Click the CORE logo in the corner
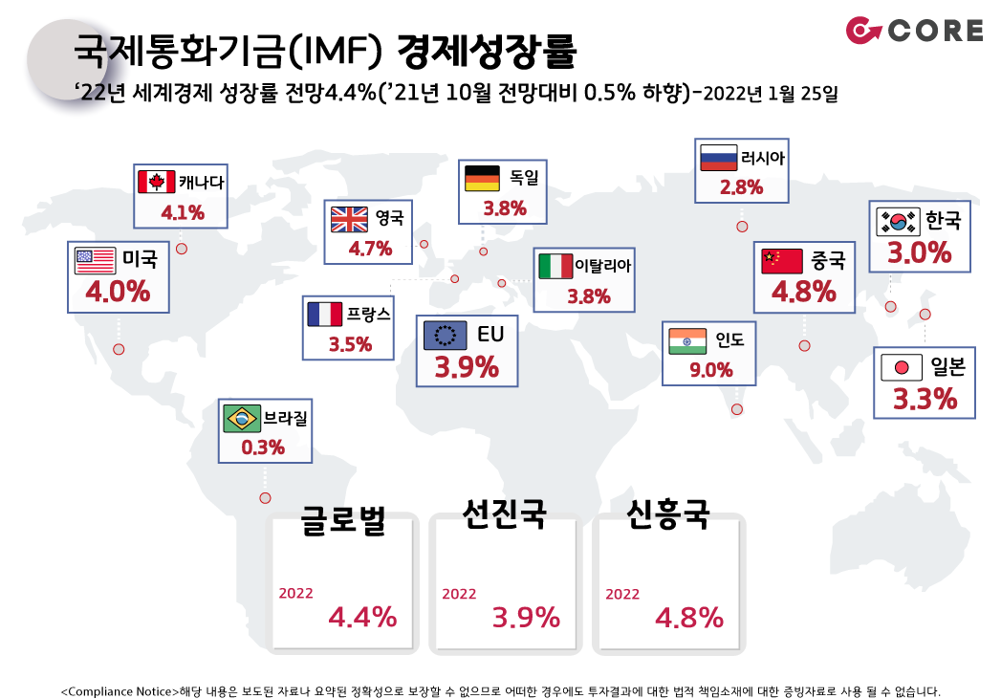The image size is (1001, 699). tap(914, 31)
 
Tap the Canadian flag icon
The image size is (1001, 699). tap(156, 182)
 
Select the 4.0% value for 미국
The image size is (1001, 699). tap(118, 292)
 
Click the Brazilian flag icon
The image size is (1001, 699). tap(241, 418)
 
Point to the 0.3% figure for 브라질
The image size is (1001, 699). tap(263, 447)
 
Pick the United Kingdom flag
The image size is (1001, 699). tap(349, 220)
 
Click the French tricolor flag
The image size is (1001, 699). tap(324, 315)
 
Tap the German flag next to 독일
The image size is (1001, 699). tap(482, 178)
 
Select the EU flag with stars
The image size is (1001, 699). tap(444, 335)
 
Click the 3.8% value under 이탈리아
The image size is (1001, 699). tap(588, 296)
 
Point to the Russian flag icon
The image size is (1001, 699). tap(718, 158)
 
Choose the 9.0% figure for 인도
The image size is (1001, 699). tap(710, 370)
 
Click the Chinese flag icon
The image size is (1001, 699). tap(782, 260)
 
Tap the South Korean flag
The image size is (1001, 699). tap(898, 221)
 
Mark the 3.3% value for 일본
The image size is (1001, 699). tap(925, 399)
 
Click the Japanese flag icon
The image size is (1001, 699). tap(900, 367)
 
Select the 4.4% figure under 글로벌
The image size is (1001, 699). tap(362, 618)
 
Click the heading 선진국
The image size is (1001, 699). tap(504, 514)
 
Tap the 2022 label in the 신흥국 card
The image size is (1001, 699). tap(622, 594)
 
